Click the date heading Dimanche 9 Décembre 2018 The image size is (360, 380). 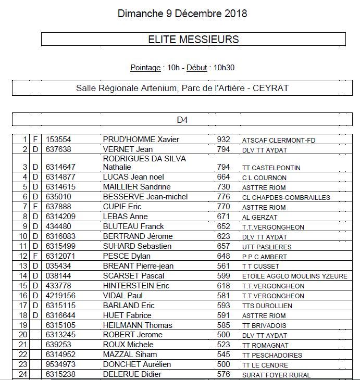click(x=182, y=14)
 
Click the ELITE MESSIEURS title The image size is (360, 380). click(x=193, y=39)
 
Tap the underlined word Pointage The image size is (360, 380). click(x=145, y=68)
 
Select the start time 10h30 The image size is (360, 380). click(x=224, y=68)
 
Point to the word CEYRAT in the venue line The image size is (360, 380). click(x=271, y=88)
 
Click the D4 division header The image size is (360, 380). click(x=182, y=120)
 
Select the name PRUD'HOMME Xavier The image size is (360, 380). click(x=141, y=140)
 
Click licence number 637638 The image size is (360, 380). click(x=58, y=149)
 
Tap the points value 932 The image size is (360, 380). click(x=223, y=140)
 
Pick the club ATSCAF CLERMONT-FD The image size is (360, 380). click(x=279, y=140)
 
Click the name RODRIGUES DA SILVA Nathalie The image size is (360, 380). click(x=144, y=163)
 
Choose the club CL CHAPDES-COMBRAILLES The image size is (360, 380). click(x=286, y=197)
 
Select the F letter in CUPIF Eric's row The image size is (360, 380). click(x=35, y=207)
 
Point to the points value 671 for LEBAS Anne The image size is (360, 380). click(x=223, y=217)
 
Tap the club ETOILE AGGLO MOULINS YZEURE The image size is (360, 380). click(x=294, y=276)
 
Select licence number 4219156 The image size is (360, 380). click(x=60, y=296)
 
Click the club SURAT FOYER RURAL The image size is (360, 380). click(x=276, y=375)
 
